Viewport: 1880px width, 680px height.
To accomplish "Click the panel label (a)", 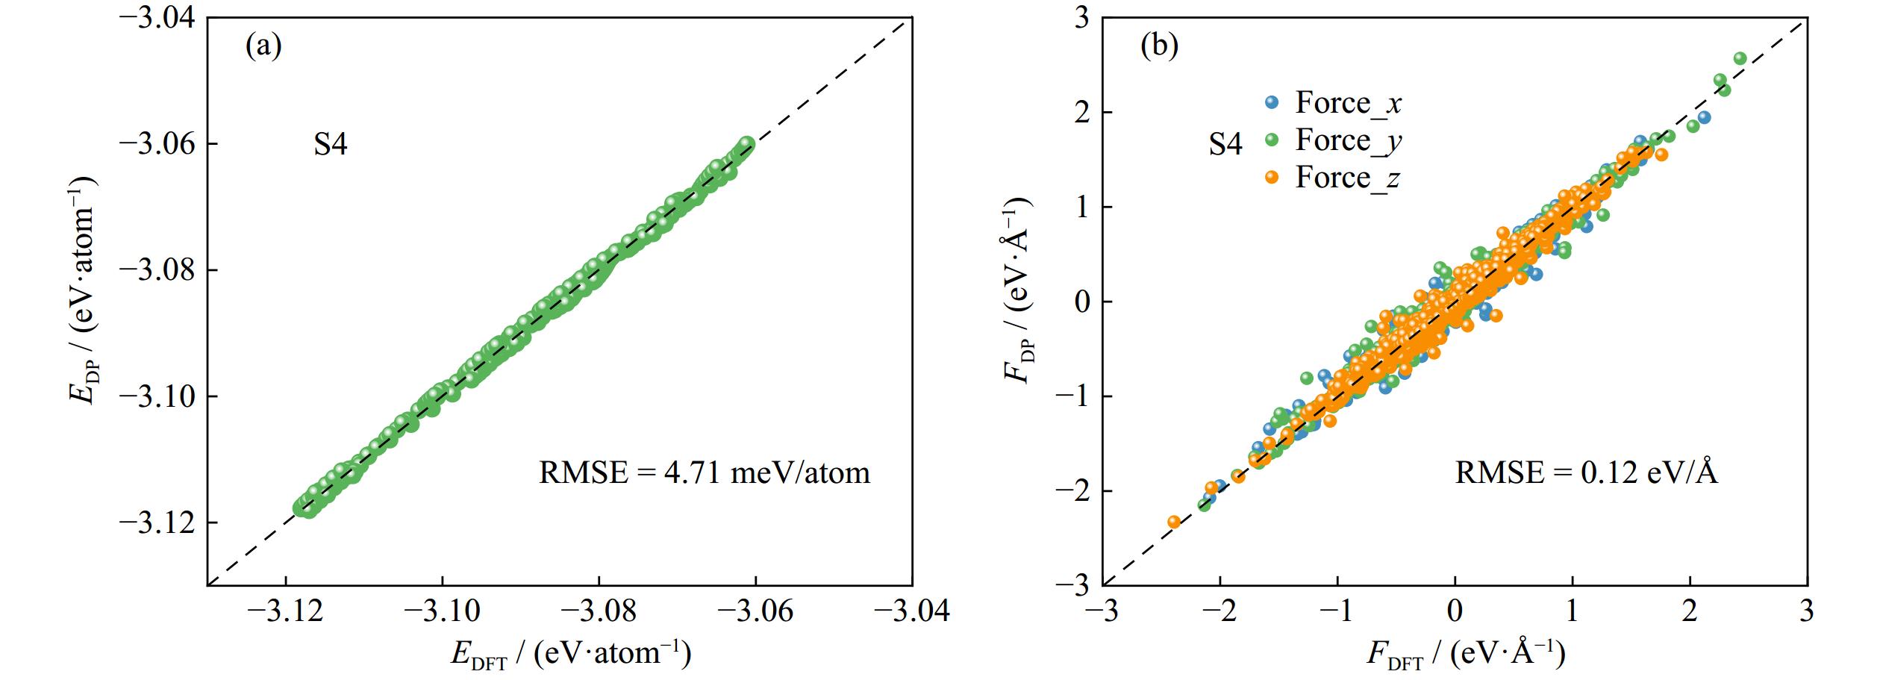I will [x=263, y=47].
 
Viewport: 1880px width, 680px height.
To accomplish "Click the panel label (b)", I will [x=1160, y=47].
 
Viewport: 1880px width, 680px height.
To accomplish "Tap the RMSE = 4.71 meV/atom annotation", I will [x=704, y=472].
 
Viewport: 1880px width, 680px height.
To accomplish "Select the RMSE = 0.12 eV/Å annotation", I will [x=1586, y=472].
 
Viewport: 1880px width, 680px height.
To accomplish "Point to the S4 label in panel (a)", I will [x=330, y=144].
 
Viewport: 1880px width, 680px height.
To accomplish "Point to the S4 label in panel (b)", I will [x=1225, y=144].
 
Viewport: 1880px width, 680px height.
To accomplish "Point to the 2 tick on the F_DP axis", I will [x=1081, y=112].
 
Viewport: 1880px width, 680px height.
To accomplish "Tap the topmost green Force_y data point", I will [x=1740, y=58].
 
